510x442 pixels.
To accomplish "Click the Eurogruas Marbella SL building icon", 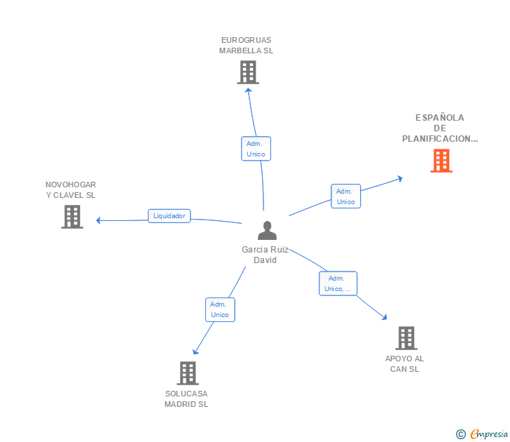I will (247, 72).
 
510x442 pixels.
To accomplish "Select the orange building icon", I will (441, 161).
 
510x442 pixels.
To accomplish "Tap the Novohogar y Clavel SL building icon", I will (72, 217).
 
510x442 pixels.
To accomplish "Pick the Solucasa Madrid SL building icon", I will (187, 373).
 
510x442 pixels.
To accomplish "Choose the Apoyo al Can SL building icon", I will (406, 338).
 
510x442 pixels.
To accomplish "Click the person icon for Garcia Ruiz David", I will (267, 230).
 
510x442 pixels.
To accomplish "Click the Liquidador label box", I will (170, 216).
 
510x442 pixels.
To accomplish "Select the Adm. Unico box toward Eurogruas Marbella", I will (256, 149).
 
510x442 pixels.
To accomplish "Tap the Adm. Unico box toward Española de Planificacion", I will (345, 196).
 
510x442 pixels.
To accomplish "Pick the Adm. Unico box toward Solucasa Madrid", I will (220, 309).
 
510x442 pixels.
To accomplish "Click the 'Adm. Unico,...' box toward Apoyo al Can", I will (338, 283).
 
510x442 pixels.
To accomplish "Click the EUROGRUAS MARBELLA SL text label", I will (246, 46).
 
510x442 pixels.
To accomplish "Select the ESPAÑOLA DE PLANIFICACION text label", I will (440, 128).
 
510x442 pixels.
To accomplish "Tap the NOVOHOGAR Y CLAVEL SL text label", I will (71, 189).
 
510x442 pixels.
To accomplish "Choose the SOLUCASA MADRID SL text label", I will (186, 399).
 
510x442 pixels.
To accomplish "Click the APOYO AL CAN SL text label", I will (405, 363).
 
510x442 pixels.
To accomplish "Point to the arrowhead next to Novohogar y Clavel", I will (98, 220).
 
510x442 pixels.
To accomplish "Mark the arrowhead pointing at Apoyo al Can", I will (384, 317).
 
